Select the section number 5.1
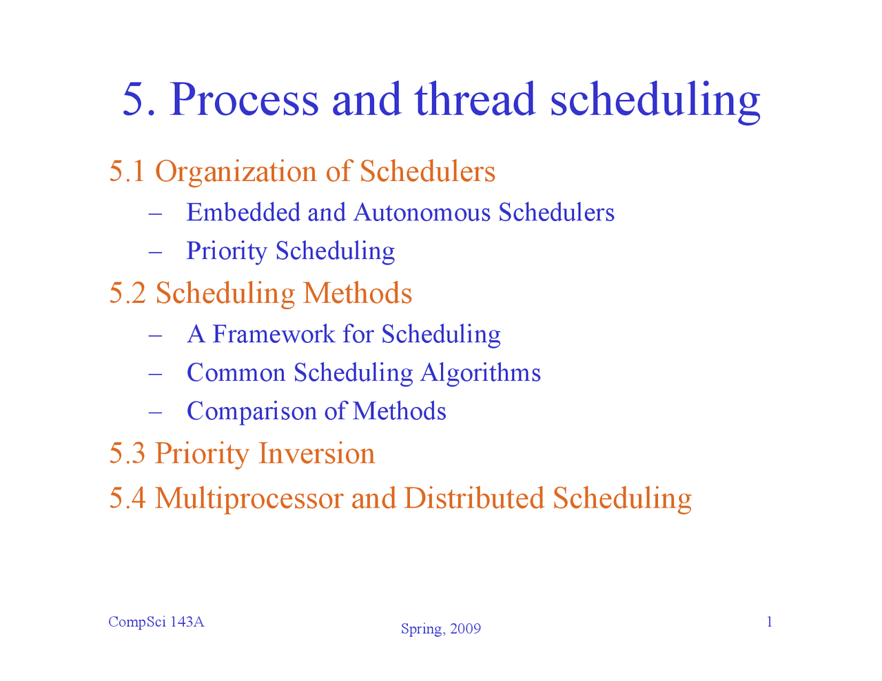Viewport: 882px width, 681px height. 127,171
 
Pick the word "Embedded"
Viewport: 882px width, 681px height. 243,212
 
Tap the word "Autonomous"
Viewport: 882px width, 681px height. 422,212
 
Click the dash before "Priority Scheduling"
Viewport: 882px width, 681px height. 154,251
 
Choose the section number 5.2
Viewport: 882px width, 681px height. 127,293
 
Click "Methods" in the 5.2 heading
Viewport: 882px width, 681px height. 357,293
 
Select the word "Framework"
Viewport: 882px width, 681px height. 273,334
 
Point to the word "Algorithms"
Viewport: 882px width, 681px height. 480,373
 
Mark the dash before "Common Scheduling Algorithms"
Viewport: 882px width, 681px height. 154,373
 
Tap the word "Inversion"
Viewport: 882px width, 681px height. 316,454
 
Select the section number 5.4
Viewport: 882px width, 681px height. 127,498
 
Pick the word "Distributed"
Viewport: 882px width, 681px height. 473,498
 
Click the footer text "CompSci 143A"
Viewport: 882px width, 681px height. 156,622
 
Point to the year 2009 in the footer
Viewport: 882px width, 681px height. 464,629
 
